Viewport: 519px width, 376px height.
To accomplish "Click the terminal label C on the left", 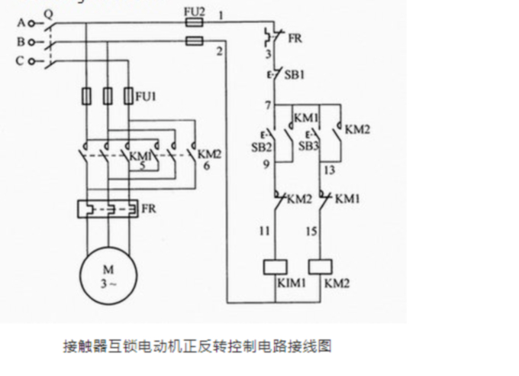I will click(x=21, y=60).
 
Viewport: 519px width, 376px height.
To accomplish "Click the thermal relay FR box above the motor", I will click(x=108, y=209).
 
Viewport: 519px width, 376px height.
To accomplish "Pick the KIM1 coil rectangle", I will click(x=274, y=267).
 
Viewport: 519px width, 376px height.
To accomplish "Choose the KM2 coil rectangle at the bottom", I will click(x=320, y=267).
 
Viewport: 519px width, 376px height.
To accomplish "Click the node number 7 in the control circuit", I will click(x=267, y=104).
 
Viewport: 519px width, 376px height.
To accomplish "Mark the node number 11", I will click(x=265, y=230).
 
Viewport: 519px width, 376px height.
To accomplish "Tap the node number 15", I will click(x=311, y=230).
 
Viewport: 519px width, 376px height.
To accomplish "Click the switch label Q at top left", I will click(x=49, y=11).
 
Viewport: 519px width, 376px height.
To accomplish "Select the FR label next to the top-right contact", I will click(x=295, y=37).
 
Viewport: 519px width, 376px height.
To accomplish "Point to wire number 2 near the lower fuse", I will click(x=219, y=51).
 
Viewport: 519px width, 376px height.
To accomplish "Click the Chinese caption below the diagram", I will click(x=197, y=346).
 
